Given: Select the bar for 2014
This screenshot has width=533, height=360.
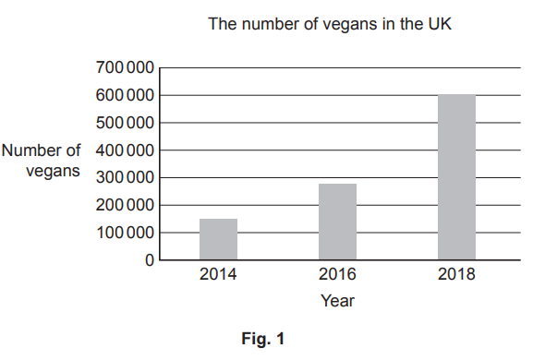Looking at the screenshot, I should (x=218, y=239).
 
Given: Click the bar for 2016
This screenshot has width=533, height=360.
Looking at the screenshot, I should (x=337, y=222).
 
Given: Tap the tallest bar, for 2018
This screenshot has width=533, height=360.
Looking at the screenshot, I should (x=456, y=177).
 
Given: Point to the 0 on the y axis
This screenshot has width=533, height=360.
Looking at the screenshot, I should (x=149, y=260).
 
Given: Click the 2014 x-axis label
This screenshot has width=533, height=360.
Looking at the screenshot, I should (x=218, y=275).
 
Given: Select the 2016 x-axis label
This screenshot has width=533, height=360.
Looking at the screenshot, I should (x=337, y=275).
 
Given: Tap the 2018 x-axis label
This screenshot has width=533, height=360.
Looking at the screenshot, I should (x=456, y=275).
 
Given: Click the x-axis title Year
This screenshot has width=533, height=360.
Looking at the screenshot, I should (x=337, y=301).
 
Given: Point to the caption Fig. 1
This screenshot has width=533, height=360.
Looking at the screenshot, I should (x=263, y=340).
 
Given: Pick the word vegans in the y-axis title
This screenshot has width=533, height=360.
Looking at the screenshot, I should (x=55, y=171).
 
